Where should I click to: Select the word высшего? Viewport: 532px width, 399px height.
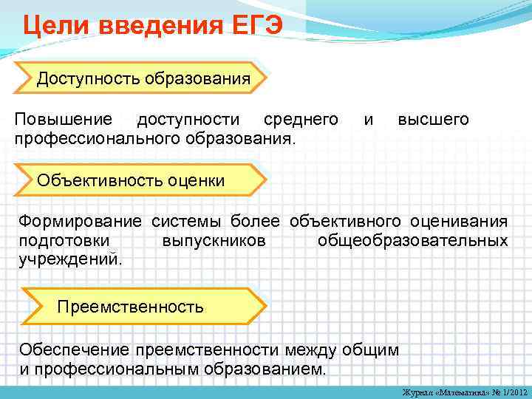433,120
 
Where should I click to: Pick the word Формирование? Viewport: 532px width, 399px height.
83,221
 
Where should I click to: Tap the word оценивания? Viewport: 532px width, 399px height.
458,221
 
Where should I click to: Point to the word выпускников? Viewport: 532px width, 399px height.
214,241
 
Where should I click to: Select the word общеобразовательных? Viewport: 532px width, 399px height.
412,241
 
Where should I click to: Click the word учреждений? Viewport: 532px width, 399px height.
70,260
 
